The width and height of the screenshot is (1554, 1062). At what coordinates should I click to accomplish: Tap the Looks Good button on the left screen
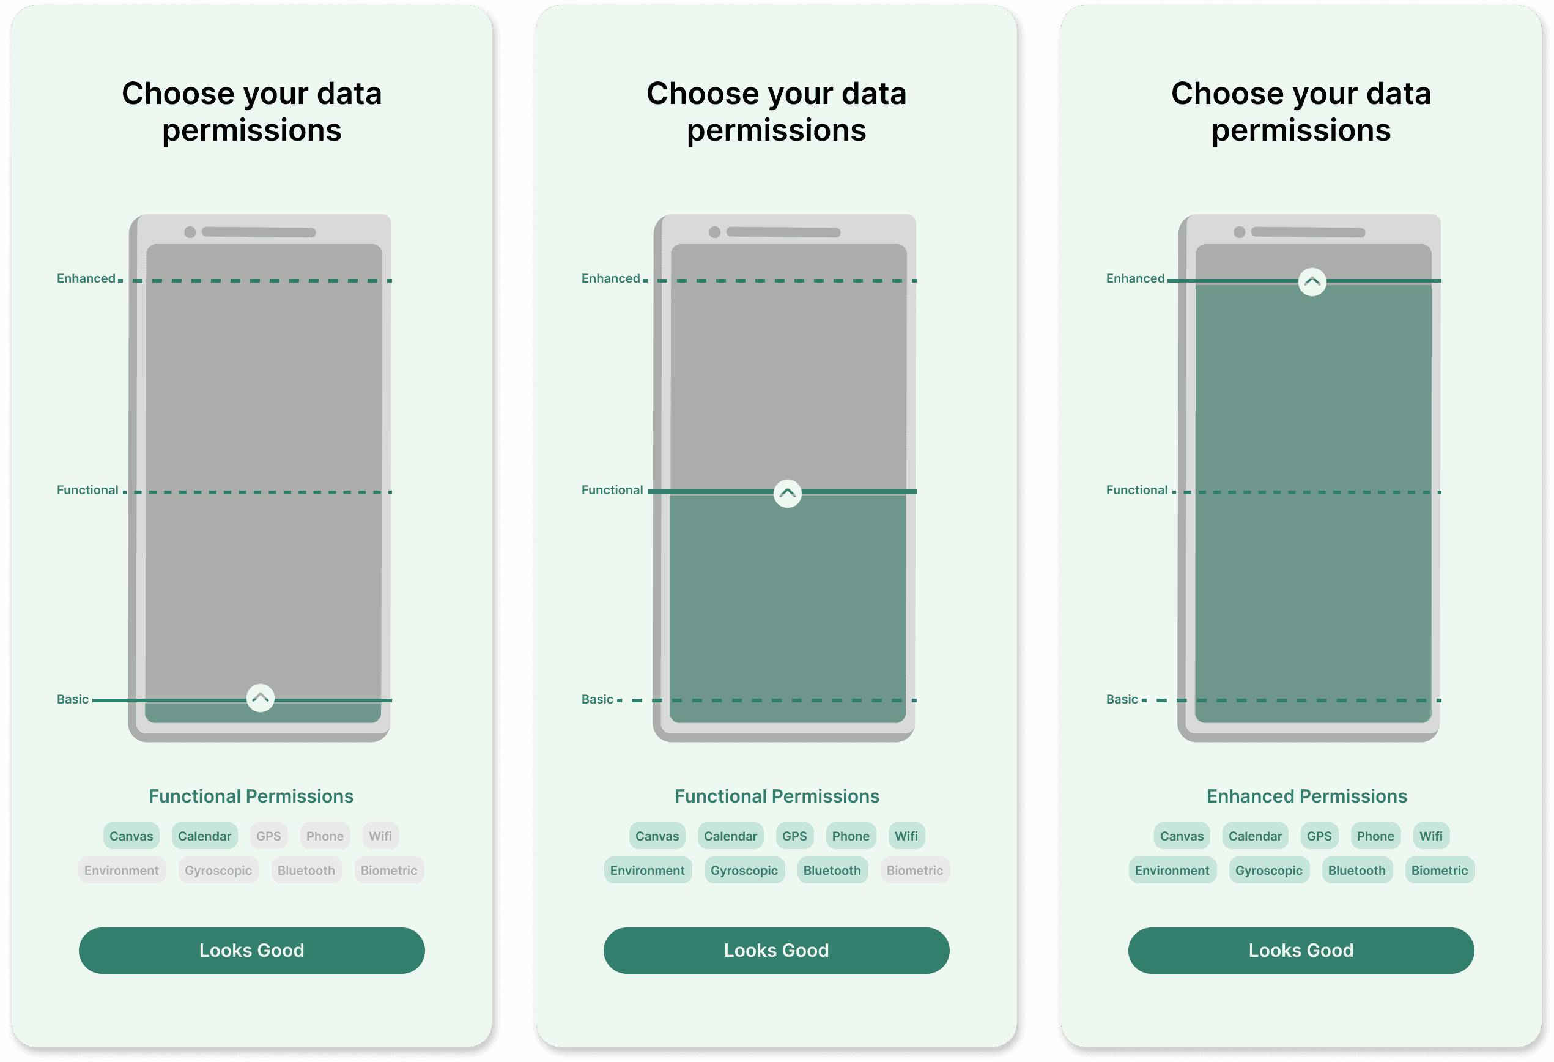click(x=251, y=950)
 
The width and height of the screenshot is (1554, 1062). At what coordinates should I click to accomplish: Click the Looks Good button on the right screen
click(x=1301, y=950)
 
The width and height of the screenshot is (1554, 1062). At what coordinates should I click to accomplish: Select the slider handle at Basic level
click(x=260, y=698)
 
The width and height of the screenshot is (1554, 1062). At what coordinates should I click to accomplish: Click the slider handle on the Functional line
click(x=788, y=494)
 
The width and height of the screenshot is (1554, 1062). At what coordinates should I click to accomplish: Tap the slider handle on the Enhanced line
click(x=1312, y=282)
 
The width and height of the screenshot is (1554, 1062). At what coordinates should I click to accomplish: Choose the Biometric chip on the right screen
click(x=1439, y=871)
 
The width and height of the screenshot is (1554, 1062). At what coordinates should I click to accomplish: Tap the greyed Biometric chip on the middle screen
click(x=914, y=871)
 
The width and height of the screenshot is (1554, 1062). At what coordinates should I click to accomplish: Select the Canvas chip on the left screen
click(x=131, y=836)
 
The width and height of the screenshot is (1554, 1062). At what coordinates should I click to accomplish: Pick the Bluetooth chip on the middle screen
click(x=832, y=871)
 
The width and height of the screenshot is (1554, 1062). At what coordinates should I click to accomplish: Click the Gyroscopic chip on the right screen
click(x=1268, y=871)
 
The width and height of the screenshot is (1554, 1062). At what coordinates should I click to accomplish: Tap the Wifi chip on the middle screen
click(x=906, y=836)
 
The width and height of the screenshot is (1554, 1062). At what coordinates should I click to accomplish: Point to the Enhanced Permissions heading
click(x=1306, y=796)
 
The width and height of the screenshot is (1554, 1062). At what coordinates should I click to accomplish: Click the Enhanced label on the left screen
click(x=86, y=278)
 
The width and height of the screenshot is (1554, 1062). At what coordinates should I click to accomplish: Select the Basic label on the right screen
click(x=1122, y=699)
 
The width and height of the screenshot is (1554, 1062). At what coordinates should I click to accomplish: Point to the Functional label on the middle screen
click(x=612, y=490)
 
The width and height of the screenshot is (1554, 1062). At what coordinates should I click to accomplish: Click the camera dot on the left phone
click(x=190, y=232)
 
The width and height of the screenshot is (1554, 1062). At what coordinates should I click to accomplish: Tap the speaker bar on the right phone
click(x=1308, y=232)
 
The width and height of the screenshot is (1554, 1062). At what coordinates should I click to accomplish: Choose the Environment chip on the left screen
click(x=122, y=871)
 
